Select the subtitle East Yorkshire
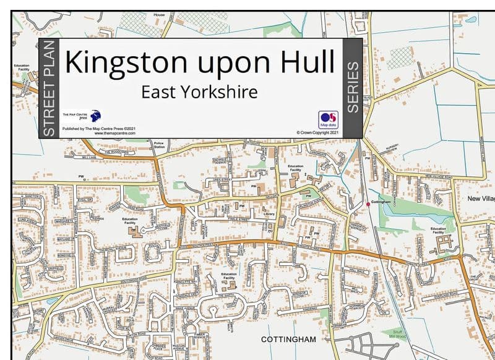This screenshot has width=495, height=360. pyautogui.click(x=199, y=92)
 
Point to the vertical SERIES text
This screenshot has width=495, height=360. pyautogui.click(x=353, y=87)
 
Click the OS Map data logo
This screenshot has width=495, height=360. pyautogui.click(x=328, y=119)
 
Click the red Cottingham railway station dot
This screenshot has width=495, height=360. pyautogui.click(x=368, y=204)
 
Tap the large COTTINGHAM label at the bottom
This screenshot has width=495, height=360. pyautogui.click(x=288, y=340)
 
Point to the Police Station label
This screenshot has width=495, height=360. pyautogui.click(x=159, y=145)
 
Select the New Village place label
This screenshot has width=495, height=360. pyautogui.click(x=481, y=199)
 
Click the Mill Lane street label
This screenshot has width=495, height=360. pyautogui.click(x=77, y=157)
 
